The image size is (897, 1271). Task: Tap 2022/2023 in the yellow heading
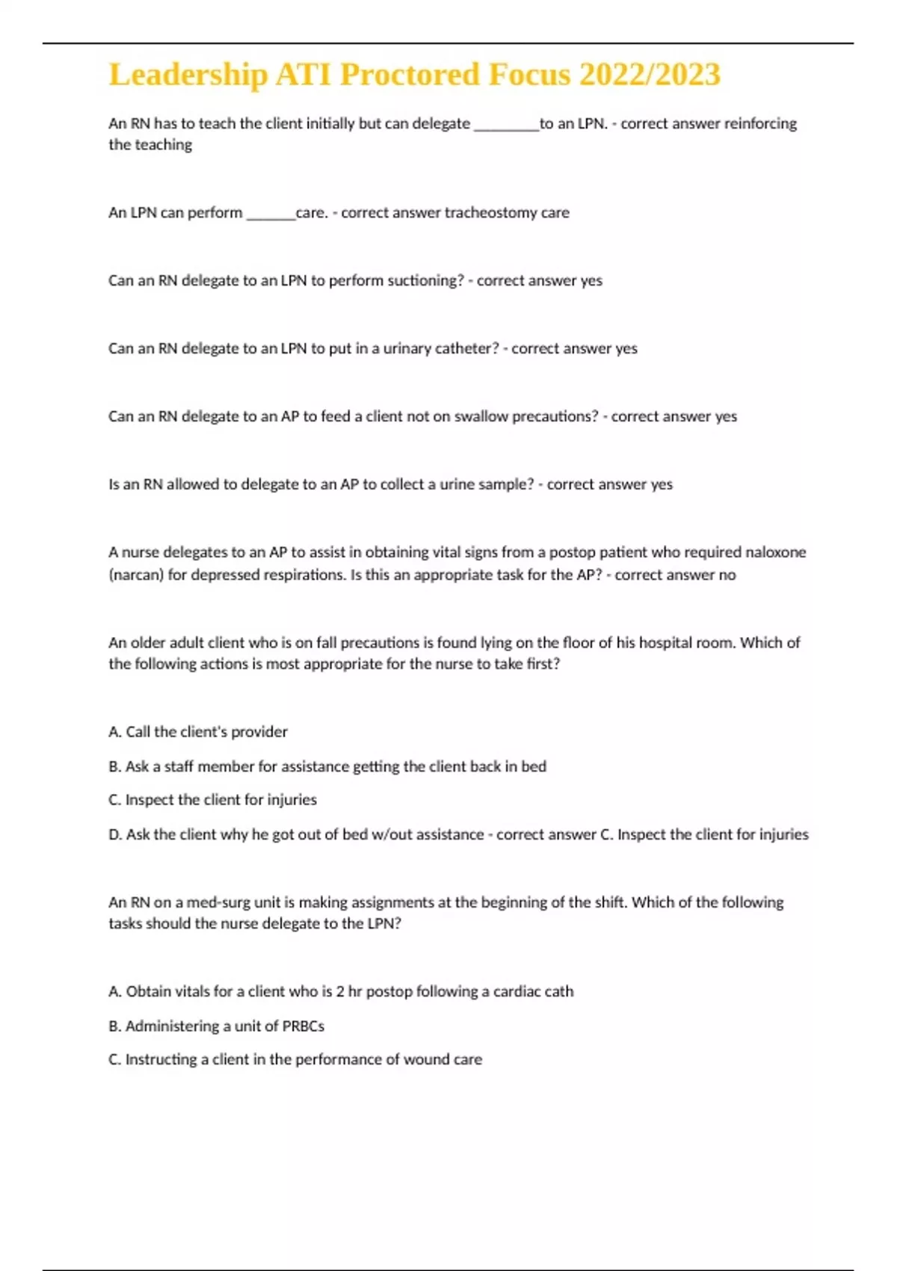pos(650,75)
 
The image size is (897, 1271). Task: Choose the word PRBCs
pos(303,1027)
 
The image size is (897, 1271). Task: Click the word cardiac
pos(516,991)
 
